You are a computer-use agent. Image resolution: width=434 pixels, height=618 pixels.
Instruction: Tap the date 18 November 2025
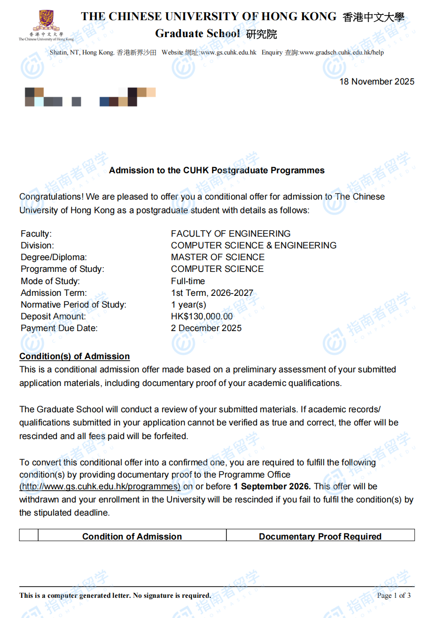point(377,82)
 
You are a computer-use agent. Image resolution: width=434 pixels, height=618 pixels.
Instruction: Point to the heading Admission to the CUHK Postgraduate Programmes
point(217,170)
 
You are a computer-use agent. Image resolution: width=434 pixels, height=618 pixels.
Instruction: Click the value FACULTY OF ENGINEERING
point(231,233)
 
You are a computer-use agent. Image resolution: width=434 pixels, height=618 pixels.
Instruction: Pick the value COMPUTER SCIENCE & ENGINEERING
point(254,245)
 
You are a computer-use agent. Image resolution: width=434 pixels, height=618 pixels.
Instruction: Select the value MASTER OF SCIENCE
point(217,257)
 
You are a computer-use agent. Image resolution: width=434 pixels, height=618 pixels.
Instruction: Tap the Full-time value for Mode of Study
point(188,281)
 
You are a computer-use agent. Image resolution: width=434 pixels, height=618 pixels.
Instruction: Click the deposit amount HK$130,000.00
point(201,317)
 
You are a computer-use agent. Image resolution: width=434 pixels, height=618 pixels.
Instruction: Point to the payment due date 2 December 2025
point(206,328)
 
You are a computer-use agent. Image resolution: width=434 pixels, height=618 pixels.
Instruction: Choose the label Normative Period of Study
point(73,305)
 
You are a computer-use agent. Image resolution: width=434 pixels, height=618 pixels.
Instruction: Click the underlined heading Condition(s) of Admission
point(74,356)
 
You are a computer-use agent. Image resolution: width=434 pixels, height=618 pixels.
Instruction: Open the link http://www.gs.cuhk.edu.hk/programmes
point(100,487)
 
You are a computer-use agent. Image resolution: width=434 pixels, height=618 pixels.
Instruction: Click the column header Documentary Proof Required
point(320,536)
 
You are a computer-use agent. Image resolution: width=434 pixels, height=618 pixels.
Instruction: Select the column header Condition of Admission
point(132,536)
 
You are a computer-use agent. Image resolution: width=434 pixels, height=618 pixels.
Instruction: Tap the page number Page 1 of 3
point(394,595)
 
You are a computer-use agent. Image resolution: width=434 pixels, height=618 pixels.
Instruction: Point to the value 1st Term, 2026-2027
point(212,293)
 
